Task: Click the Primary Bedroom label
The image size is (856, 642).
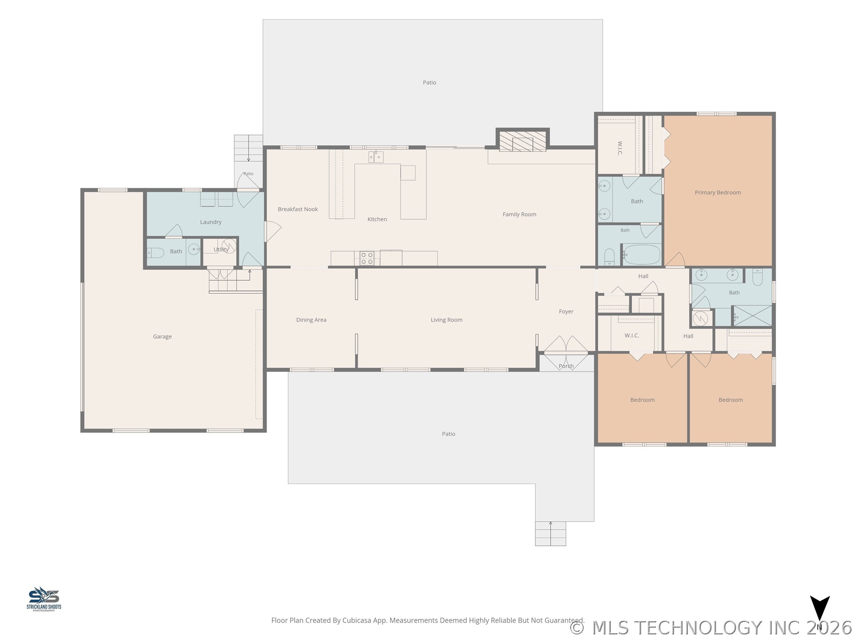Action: click(x=718, y=193)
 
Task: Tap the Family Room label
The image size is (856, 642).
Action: click(x=519, y=214)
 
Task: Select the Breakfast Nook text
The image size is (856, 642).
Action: click(x=298, y=209)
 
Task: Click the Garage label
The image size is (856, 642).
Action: click(x=162, y=337)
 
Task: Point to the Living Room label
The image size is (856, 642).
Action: click(x=446, y=320)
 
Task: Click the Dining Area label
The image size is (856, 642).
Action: click(x=311, y=320)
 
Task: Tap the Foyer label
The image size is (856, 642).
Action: click(x=566, y=312)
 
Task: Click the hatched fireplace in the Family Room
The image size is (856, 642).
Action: click(x=523, y=141)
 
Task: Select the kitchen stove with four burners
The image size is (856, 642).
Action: click(x=367, y=259)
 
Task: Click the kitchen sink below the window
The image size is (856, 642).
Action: click(x=376, y=156)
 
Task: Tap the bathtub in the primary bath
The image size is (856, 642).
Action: click(x=642, y=255)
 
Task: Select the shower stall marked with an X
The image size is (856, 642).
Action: click(x=753, y=316)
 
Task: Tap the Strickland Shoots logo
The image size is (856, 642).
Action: click(x=44, y=599)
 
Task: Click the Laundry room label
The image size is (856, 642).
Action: click(x=211, y=222)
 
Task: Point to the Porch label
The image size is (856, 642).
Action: click(x=566, y=366)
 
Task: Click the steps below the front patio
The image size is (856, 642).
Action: click(x=551, y=534)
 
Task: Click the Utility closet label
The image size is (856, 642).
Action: click(x=221, y=250)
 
